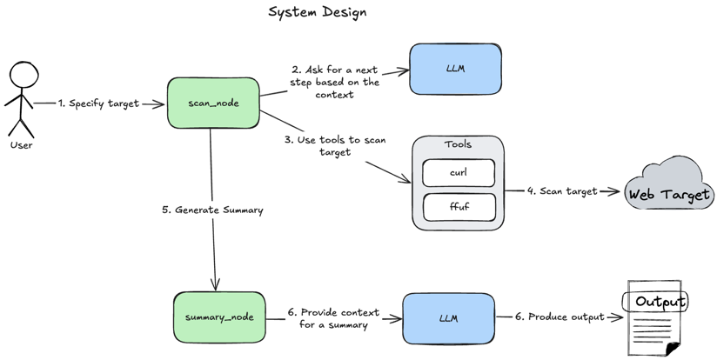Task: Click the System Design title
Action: pos(317,12)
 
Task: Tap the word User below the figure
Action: pos(21,145)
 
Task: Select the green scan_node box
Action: pos(213,103)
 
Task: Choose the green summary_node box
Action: pos(219,317)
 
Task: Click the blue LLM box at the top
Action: pos(455,69)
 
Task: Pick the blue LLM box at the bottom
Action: pos(448,318)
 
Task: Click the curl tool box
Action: pos(459,172)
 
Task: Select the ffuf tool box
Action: pos(459,207)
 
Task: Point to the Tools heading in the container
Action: pos(458,145)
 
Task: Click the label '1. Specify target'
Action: pos(98,103)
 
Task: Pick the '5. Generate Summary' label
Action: pos(212,210)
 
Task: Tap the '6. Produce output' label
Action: pos(559,317)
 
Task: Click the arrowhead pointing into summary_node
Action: pos(215,285)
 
